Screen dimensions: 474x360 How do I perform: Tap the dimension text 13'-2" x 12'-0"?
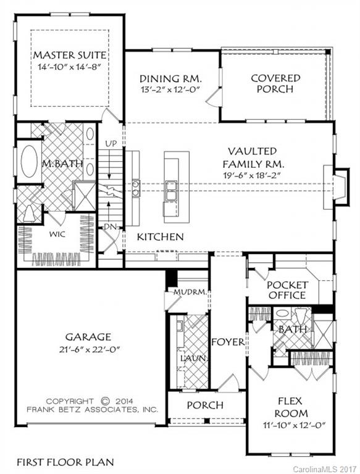[x=170, y=89]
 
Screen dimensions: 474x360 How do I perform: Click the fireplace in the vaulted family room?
[x=338, y=184]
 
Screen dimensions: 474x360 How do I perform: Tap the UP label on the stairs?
[x=111, y=144]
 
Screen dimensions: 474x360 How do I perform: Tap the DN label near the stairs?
[x=110, y=227]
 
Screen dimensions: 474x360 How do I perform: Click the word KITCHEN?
[x=160, y=236]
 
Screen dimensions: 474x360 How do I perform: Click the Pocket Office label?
[x=287, y=290]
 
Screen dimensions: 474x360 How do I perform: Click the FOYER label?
[x=228, y=341]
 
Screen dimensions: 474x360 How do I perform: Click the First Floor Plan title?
[x=65, y=461]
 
